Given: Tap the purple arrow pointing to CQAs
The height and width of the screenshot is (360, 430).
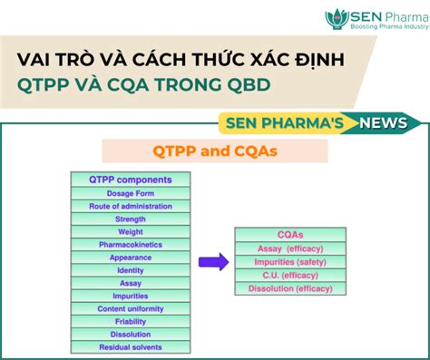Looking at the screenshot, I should pos(213,263).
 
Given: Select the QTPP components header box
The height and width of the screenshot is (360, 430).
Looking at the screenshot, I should pos(132,180).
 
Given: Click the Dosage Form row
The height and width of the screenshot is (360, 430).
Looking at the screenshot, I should pos(132,193).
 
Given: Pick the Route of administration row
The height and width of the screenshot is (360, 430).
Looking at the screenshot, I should pos(132,206).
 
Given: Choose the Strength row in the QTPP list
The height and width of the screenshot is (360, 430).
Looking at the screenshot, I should pos(132,219).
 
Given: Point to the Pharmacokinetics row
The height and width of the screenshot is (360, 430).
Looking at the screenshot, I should pos(132,244).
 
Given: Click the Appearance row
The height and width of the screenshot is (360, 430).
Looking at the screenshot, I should pos(132,257).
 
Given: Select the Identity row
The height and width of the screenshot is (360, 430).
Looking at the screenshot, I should pos(132,270).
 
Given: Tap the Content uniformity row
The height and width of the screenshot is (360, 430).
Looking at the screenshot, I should pos(132,309).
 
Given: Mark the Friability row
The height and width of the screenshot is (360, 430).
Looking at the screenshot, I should pos(132,322).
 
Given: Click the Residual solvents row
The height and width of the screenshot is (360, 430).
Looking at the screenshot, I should pos(132,347).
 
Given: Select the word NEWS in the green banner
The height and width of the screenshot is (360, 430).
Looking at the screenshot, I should pos(383,122).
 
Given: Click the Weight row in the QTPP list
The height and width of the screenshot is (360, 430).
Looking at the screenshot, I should pos(132,231).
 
